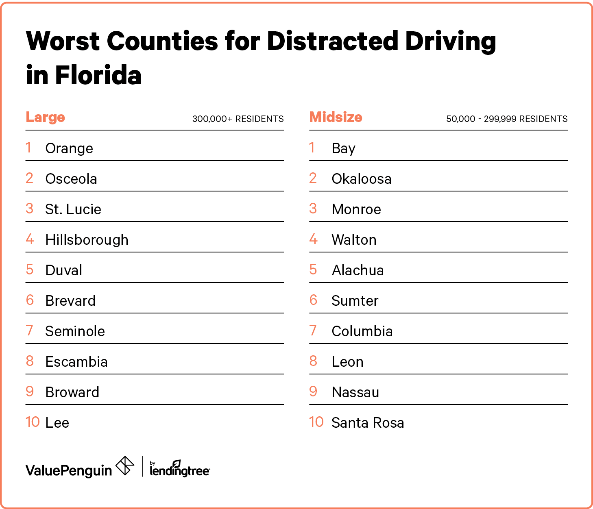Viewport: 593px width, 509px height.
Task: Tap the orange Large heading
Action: tap(45, 117)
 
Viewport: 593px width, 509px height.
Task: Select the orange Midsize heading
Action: tap(336, 117)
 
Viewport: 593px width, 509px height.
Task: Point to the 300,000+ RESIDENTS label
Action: tap(238, 119)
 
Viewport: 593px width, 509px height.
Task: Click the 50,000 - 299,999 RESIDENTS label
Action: tap(507, 119)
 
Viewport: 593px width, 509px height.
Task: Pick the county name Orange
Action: tap(69, 148)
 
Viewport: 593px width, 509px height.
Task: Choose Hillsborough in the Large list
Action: tap(87, 240)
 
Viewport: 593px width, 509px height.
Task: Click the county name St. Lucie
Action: tap(73, 209)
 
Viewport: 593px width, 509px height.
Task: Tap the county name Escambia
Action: tap(76, 362)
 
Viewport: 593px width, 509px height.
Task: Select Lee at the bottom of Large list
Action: tap(57, 423)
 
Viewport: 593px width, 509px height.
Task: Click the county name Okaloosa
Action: tap(362, 179)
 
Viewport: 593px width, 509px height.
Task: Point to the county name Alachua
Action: tap(358, 270)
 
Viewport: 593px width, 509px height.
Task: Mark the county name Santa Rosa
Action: tap(368, 423)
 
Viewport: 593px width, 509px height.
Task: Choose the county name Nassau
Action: tap(355, 392)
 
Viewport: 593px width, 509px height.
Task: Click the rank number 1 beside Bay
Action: tap(312, 148)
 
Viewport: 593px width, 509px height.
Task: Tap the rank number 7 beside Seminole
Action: tap(29, 331)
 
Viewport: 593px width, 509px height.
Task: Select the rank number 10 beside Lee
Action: tap(33, 422)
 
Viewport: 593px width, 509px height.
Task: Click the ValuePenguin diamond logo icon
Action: tap(125, 466)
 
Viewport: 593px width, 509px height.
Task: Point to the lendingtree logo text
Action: tap(180, 470)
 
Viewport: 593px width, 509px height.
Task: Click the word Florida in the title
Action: tap(98, 76)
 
